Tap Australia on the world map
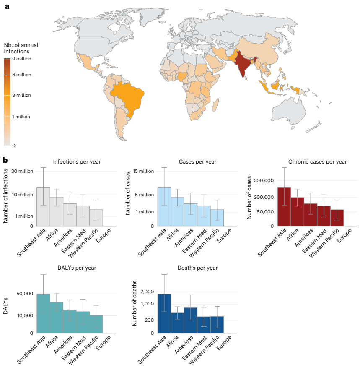click(291, 111)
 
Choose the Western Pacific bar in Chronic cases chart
click(337, 218)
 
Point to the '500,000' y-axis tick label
click(262, 181)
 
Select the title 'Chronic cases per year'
click(317, 161)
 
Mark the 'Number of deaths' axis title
click(135, 303)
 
